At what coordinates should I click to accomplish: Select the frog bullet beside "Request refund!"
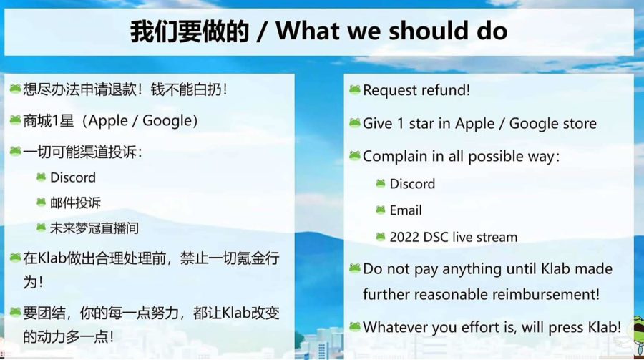(x=355, y=89)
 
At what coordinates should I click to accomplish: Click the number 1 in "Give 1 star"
(x=401, y=123)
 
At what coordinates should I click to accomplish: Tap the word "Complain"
(x=395, y=157)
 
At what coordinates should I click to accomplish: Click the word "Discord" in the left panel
(x=73, y=177)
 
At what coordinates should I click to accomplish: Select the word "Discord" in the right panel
(x=412, y=184)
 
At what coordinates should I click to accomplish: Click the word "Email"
(x=406, y=210)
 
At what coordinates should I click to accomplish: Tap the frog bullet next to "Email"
(x=381, y=210)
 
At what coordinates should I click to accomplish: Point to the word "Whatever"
(x=395, y=327)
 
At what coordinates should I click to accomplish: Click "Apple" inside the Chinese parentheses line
(x=108, y=121)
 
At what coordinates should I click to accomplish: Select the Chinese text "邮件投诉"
(x=75, y=203)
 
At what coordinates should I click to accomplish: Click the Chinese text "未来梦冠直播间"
(x=94, y=228)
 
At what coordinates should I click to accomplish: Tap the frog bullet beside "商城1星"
(x=15, y=120)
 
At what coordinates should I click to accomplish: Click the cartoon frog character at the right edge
(x=637, y=335)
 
